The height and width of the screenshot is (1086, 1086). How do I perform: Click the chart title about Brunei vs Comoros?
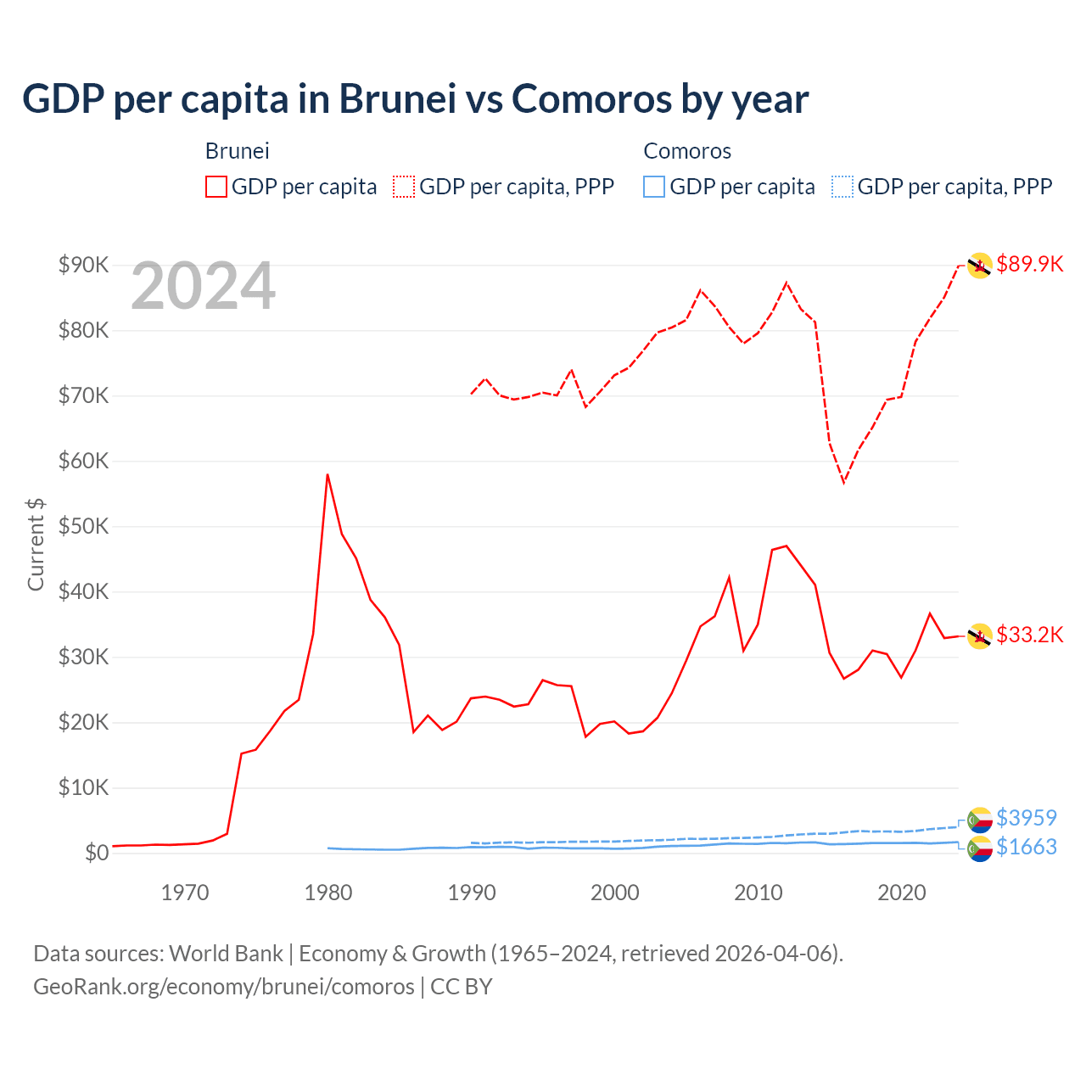(x=415, y=99)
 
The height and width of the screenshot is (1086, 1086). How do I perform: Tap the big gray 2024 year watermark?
(x=204, y=286)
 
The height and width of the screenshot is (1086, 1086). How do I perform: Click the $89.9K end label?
(x=1029, y=264)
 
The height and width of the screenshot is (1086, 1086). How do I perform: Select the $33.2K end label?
(x=1029, y=635)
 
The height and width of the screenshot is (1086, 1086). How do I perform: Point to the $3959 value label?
(x=1026, y=818)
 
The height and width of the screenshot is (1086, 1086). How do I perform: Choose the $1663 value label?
(x=1026, y=847)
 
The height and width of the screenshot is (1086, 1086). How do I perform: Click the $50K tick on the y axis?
(x=83, y=526)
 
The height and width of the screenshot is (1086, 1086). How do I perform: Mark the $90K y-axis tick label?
(x=83, y=265)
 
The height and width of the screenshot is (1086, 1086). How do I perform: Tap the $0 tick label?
(x=96, y=853)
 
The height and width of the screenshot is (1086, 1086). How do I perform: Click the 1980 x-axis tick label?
(x=328, y=893)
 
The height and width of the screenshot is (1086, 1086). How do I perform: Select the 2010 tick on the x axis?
(x=758, y=893)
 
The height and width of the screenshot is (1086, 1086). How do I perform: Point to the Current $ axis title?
(x=36, y=545)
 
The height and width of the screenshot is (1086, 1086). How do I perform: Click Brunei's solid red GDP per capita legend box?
(x=216, y=187)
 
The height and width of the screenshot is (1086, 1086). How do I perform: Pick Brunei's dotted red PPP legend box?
(x=404, y=187)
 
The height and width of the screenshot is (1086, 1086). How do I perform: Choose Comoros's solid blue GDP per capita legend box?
(x=654, y=187)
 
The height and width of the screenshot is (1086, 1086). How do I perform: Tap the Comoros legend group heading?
(x=687, y=151)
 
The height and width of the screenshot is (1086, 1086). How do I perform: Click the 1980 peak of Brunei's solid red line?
(x=327, y=475)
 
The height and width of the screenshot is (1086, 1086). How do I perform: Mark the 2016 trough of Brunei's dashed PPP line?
(x=843, y=482)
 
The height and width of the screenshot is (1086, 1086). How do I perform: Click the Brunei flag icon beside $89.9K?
(x=979, y=266)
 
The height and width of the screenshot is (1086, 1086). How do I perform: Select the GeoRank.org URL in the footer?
(x=224, y=987)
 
